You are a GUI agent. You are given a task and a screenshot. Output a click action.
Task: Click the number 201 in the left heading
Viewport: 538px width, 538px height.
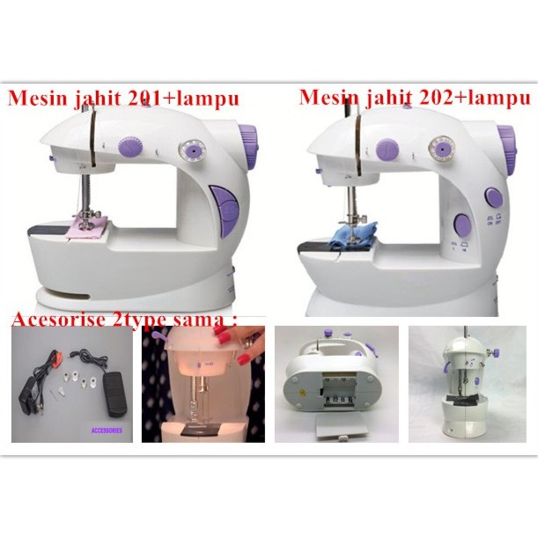coord(144,98)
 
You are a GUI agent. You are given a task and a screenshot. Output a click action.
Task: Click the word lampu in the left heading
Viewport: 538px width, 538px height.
coord(208,98)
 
